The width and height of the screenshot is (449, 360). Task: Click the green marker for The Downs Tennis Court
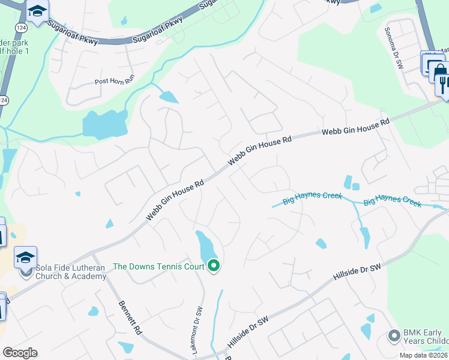(x=214, y=266)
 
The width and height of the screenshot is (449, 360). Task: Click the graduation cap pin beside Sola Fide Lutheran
(x=26, y=258)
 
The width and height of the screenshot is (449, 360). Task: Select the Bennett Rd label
(x=130, y=317)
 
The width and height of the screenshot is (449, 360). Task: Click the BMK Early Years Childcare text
(x=423, y=337)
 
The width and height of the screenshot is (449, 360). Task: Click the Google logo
(x=20, y=353)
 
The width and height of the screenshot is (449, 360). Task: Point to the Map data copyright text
(x=424, y=355)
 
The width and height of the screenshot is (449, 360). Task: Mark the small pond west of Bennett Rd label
(x=93, y=311)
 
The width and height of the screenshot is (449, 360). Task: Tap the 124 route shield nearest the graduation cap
(x=22, y=28)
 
